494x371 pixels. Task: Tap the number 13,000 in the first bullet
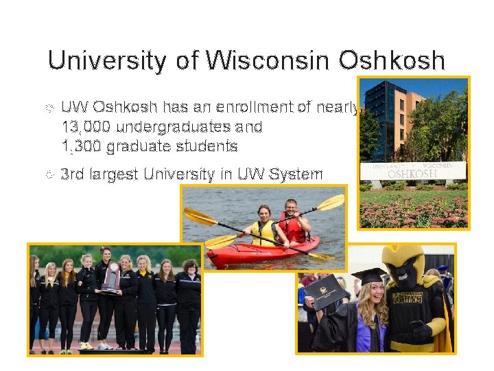point(86,127)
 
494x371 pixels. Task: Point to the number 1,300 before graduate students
point(82,146)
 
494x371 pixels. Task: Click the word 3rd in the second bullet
point(73,174)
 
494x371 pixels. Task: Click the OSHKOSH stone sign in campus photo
point(412,170)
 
